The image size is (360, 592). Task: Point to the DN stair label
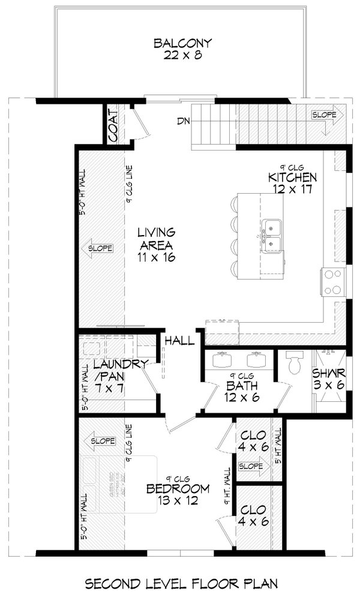pyautogui.click(x=184, y=122)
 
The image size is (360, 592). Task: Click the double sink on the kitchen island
pyautogui.click(x=273, y=236)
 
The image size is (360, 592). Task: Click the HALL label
pyautogui.click(x=181, y=341)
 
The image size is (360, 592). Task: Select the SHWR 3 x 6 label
pyautogui.click(x=328, y=378)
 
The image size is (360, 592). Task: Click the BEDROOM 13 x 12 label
pyautogui.click(x=178, y=494)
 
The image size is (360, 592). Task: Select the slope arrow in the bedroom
pyautogui.click(x=101, y=442)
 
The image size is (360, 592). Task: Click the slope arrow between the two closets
pyautogui.click(x=251, y=466)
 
